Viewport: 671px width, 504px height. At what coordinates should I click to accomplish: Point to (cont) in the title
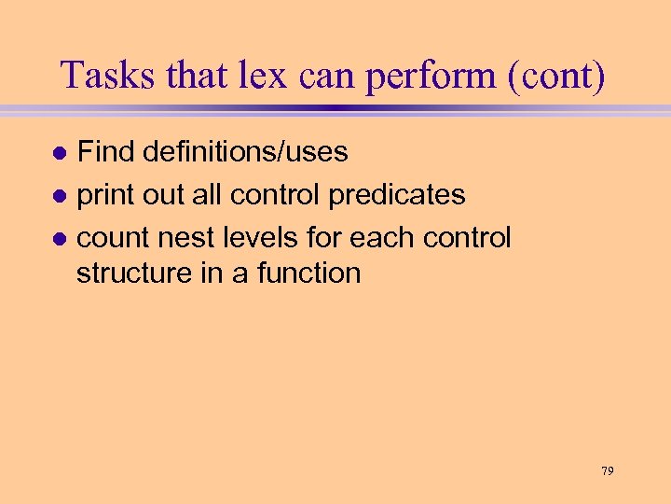coord(557,76)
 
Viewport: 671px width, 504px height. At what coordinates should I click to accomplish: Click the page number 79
coord(607,471)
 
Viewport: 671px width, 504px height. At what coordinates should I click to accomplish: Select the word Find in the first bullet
coord(104,151)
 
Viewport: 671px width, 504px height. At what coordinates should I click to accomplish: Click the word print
coord(104,195)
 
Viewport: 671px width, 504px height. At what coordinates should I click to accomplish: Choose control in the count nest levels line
coord(467,238)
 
